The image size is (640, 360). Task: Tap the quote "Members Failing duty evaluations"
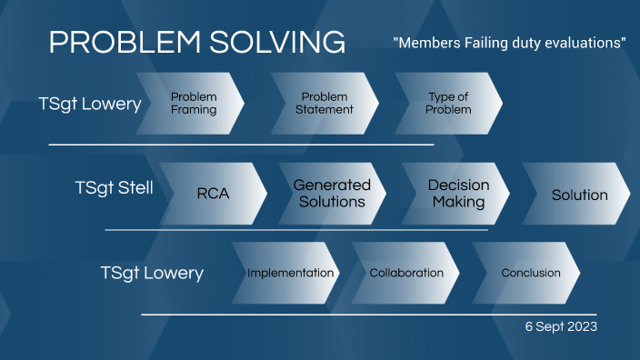tap(509, 44)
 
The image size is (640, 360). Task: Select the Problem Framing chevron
tap(193, 104)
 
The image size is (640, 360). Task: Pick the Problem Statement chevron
tap(325, 104)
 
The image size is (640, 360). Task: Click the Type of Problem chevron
tap(449, 104)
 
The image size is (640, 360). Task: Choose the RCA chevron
tap(213, 194)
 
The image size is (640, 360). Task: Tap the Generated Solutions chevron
tap(332, 194)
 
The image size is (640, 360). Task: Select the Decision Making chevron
tap(458, 194)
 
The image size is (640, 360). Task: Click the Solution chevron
tap(579, 195)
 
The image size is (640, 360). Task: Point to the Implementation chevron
tap(290, 273)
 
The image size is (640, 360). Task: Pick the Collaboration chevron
tap(406, 273)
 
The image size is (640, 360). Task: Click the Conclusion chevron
tap(530, 273)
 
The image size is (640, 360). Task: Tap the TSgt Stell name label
tap(114, 188)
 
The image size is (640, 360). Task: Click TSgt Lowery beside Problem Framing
tap(90, 104)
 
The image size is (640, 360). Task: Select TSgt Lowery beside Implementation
tap(152, 273)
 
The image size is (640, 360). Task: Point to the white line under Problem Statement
tap(241, 144)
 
